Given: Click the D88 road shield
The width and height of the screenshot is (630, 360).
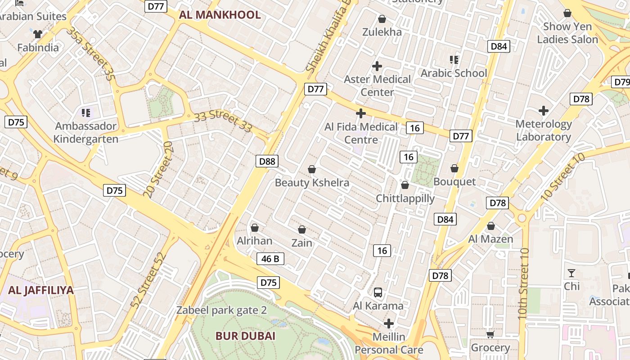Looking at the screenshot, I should (267, 161).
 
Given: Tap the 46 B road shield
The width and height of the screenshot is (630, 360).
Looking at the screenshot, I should (270, 259).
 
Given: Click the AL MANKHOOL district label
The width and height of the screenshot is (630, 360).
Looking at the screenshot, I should (220, 15).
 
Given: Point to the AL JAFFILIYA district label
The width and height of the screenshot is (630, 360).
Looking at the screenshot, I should (40, 290).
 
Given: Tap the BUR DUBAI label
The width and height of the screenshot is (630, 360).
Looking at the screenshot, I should (245, 336).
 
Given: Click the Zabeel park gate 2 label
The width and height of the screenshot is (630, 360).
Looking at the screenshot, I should (221, 310).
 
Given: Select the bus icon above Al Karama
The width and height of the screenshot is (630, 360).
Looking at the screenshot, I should (378, 292).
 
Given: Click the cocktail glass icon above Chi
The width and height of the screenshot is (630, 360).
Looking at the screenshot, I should (571, 273).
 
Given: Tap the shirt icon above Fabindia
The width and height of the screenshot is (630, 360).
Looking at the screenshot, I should (38, 34).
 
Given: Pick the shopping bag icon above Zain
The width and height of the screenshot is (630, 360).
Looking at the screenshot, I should (302, 229).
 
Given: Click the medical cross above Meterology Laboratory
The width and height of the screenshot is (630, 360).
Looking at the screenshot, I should (544, 110).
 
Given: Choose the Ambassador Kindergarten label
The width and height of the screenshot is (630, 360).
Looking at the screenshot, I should (85, 132).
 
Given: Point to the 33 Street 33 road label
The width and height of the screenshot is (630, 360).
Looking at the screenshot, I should (223, 122).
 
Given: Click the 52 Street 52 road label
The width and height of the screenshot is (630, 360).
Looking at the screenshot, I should (148, 280).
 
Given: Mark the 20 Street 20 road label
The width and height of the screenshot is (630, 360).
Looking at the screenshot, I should (158, 169).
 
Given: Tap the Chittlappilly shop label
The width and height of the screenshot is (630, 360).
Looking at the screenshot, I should (405, 198).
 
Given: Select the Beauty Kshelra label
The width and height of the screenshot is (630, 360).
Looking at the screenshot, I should (312, 183).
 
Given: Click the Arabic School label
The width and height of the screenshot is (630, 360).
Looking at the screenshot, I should (454, 73).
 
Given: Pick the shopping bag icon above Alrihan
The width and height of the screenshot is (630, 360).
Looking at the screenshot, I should (255, 228).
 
